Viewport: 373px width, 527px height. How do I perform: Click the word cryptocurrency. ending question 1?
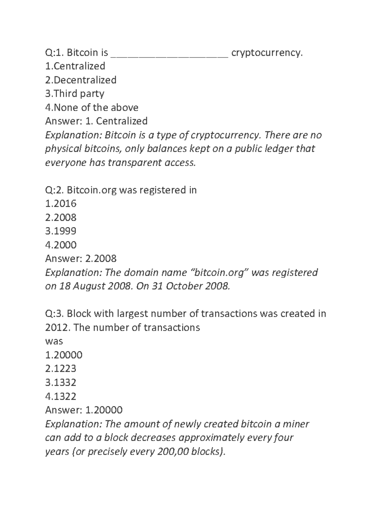[267, 53]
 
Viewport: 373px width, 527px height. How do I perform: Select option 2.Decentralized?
[81, 80]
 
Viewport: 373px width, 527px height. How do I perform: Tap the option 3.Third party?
[75, 94]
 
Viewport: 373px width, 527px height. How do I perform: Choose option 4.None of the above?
[92, 108]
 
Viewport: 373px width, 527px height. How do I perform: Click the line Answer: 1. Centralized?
[96, 121]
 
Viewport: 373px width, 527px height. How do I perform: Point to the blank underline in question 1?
[170, 55]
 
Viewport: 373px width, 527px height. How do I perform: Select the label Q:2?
[54, 190]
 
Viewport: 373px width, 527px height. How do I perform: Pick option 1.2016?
[61, 204]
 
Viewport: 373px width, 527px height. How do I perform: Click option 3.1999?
[61, 231]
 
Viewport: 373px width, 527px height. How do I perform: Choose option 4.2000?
[61, 245]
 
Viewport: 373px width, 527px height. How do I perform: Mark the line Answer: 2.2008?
[81, 259]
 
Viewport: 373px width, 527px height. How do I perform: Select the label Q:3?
[54, 314]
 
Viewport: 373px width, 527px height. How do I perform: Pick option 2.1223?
[61, 369]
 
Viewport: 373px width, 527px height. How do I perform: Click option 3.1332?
[61, 383]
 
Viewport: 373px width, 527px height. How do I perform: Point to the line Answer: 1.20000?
[84, 410]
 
